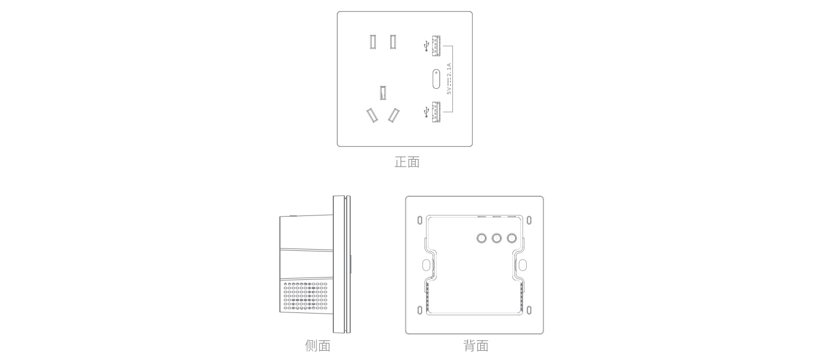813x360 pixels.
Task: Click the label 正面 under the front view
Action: (407, 162)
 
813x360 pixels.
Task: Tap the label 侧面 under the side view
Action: (318, 345)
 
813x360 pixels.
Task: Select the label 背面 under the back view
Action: (476, 345)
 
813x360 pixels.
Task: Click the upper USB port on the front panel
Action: (436, 46)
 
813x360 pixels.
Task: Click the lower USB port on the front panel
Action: (436, 111)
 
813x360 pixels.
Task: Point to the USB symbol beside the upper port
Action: (426, 46)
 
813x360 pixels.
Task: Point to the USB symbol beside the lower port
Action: (426, 112)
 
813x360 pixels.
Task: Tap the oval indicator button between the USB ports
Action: (436, 79)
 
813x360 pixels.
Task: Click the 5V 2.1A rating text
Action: (449, 79)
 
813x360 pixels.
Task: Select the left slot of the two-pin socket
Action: (373, 42)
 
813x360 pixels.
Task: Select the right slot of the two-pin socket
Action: (393, 42)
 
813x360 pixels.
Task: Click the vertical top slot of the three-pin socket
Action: (383, 92)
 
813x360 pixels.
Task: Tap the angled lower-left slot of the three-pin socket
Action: (372, 116)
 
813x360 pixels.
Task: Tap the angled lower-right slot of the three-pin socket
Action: (394, 116)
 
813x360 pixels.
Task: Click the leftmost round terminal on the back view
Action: (481, 238)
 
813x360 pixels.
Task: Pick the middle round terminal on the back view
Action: (497, 238)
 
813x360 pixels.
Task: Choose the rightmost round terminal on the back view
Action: (512, 238)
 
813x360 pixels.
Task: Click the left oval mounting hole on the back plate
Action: (426, 265)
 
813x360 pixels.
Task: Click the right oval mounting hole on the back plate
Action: (523, 265)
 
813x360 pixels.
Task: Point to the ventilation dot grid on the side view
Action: (305, 296)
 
